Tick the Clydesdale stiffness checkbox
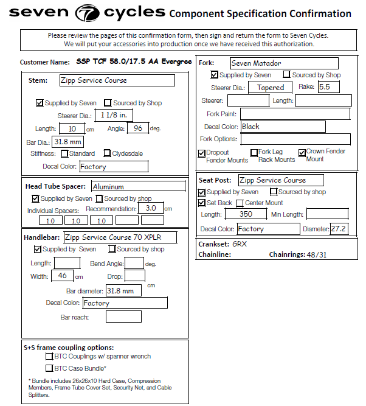tap(107, 153)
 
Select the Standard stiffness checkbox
tap(64, 153)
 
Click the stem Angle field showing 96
tap(137, 128)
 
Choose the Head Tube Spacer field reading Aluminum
tap(139, 186)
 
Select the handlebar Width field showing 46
tap(62, 276)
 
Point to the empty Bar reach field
tap(123, 317)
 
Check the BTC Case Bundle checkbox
tap(49, 368)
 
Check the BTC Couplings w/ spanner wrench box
tap(49, 356)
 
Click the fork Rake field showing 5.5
tap(328, 87)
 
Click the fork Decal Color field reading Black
tap(283, 127)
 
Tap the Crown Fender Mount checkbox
tap(302, 153)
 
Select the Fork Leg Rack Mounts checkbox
tap(254, 153)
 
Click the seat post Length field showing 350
tap(246, 214)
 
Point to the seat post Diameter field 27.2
tap(338, 229)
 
